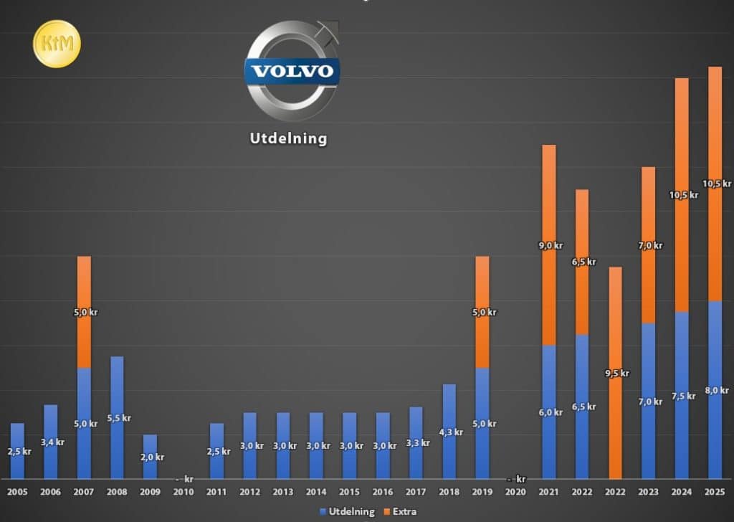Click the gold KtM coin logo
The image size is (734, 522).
[57, 44]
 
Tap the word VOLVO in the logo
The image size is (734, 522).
[292, 71]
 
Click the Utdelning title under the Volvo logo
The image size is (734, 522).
[288, 138]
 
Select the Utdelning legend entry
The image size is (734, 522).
[347, 512]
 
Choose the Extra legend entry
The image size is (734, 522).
[400, 512]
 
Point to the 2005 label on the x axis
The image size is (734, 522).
[17, 492]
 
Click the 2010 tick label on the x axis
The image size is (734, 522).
[183, 492]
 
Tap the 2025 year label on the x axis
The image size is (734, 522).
[715, 492]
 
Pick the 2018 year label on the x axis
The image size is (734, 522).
[449, 492]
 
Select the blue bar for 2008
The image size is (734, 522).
[117, 417]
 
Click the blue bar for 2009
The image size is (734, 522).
[151, 457]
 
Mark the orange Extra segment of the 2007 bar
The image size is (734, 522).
[85, 312]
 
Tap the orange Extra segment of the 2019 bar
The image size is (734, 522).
[482, 312]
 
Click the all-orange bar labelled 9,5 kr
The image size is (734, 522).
[615, 373]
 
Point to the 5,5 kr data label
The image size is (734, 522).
[119, 418]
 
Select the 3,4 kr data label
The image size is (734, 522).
[52, 442]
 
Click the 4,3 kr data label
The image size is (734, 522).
[451, 432]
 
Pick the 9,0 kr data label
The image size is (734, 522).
[550, 245]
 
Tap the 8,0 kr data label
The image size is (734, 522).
[717, 390]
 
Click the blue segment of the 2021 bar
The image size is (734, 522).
[549, 412]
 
